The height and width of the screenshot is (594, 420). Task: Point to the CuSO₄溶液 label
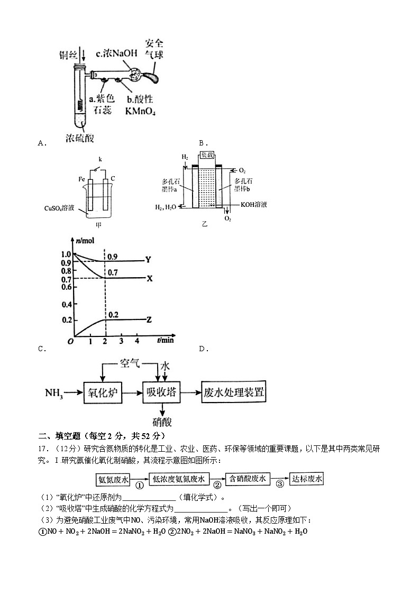coord(61,208)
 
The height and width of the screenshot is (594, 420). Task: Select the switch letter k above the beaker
coord(99,159)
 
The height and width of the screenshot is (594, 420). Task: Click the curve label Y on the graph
coord(149,260)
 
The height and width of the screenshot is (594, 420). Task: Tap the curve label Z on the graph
coord(149,319)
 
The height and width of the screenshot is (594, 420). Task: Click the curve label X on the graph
coord(149,278)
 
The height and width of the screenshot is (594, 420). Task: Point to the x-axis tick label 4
coord(137,341)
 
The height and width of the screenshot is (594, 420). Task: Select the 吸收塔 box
coord(162,393)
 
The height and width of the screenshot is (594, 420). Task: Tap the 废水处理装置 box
coord(233,393)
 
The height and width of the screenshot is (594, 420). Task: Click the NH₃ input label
coord(54,393)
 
